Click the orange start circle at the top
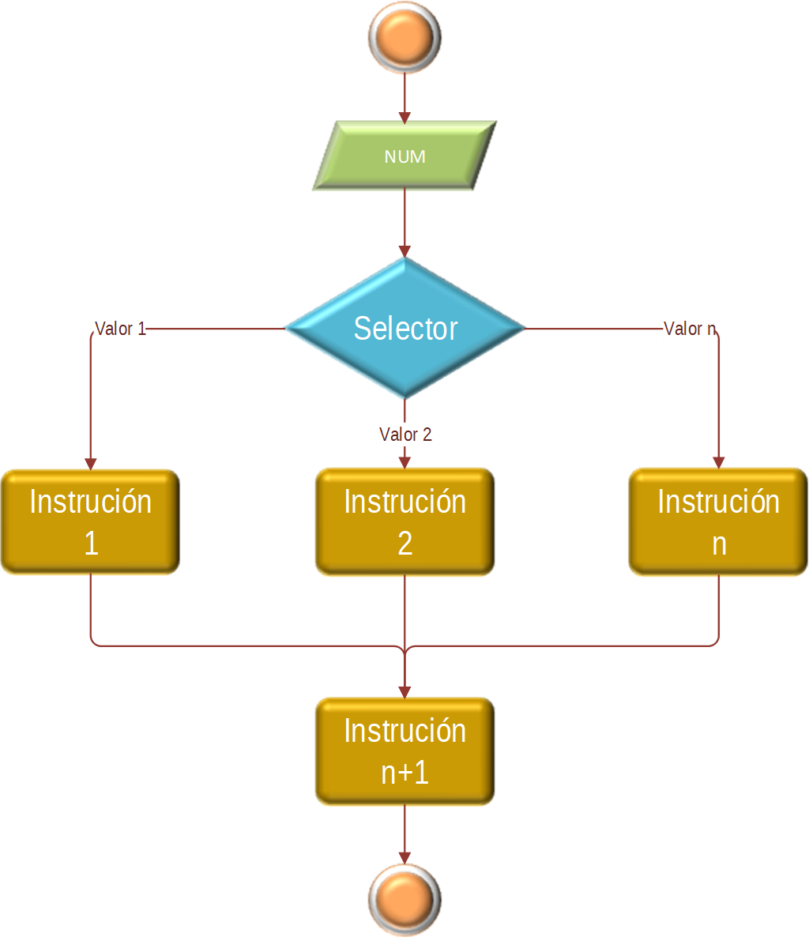click(404, 38)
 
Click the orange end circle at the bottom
click(404, 899)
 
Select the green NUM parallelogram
click(404, 156)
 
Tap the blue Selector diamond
click(404, 328)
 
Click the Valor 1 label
click(120, 329)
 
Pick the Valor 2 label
click(404, 435)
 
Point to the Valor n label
click(689, 329)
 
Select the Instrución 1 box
click(90, 522)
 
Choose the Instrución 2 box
click(404, 522)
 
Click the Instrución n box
click(718, 522)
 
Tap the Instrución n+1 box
click(404, 751)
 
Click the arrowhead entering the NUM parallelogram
click(404, 117)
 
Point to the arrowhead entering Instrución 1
click(91, 463)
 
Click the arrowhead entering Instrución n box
click(719, 463)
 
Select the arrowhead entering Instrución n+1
click(404, 691)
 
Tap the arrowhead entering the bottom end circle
click(404, 857)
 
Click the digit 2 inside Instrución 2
click(404, 544)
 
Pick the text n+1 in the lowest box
click(404, 773)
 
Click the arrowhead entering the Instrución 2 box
click(404, 462)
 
